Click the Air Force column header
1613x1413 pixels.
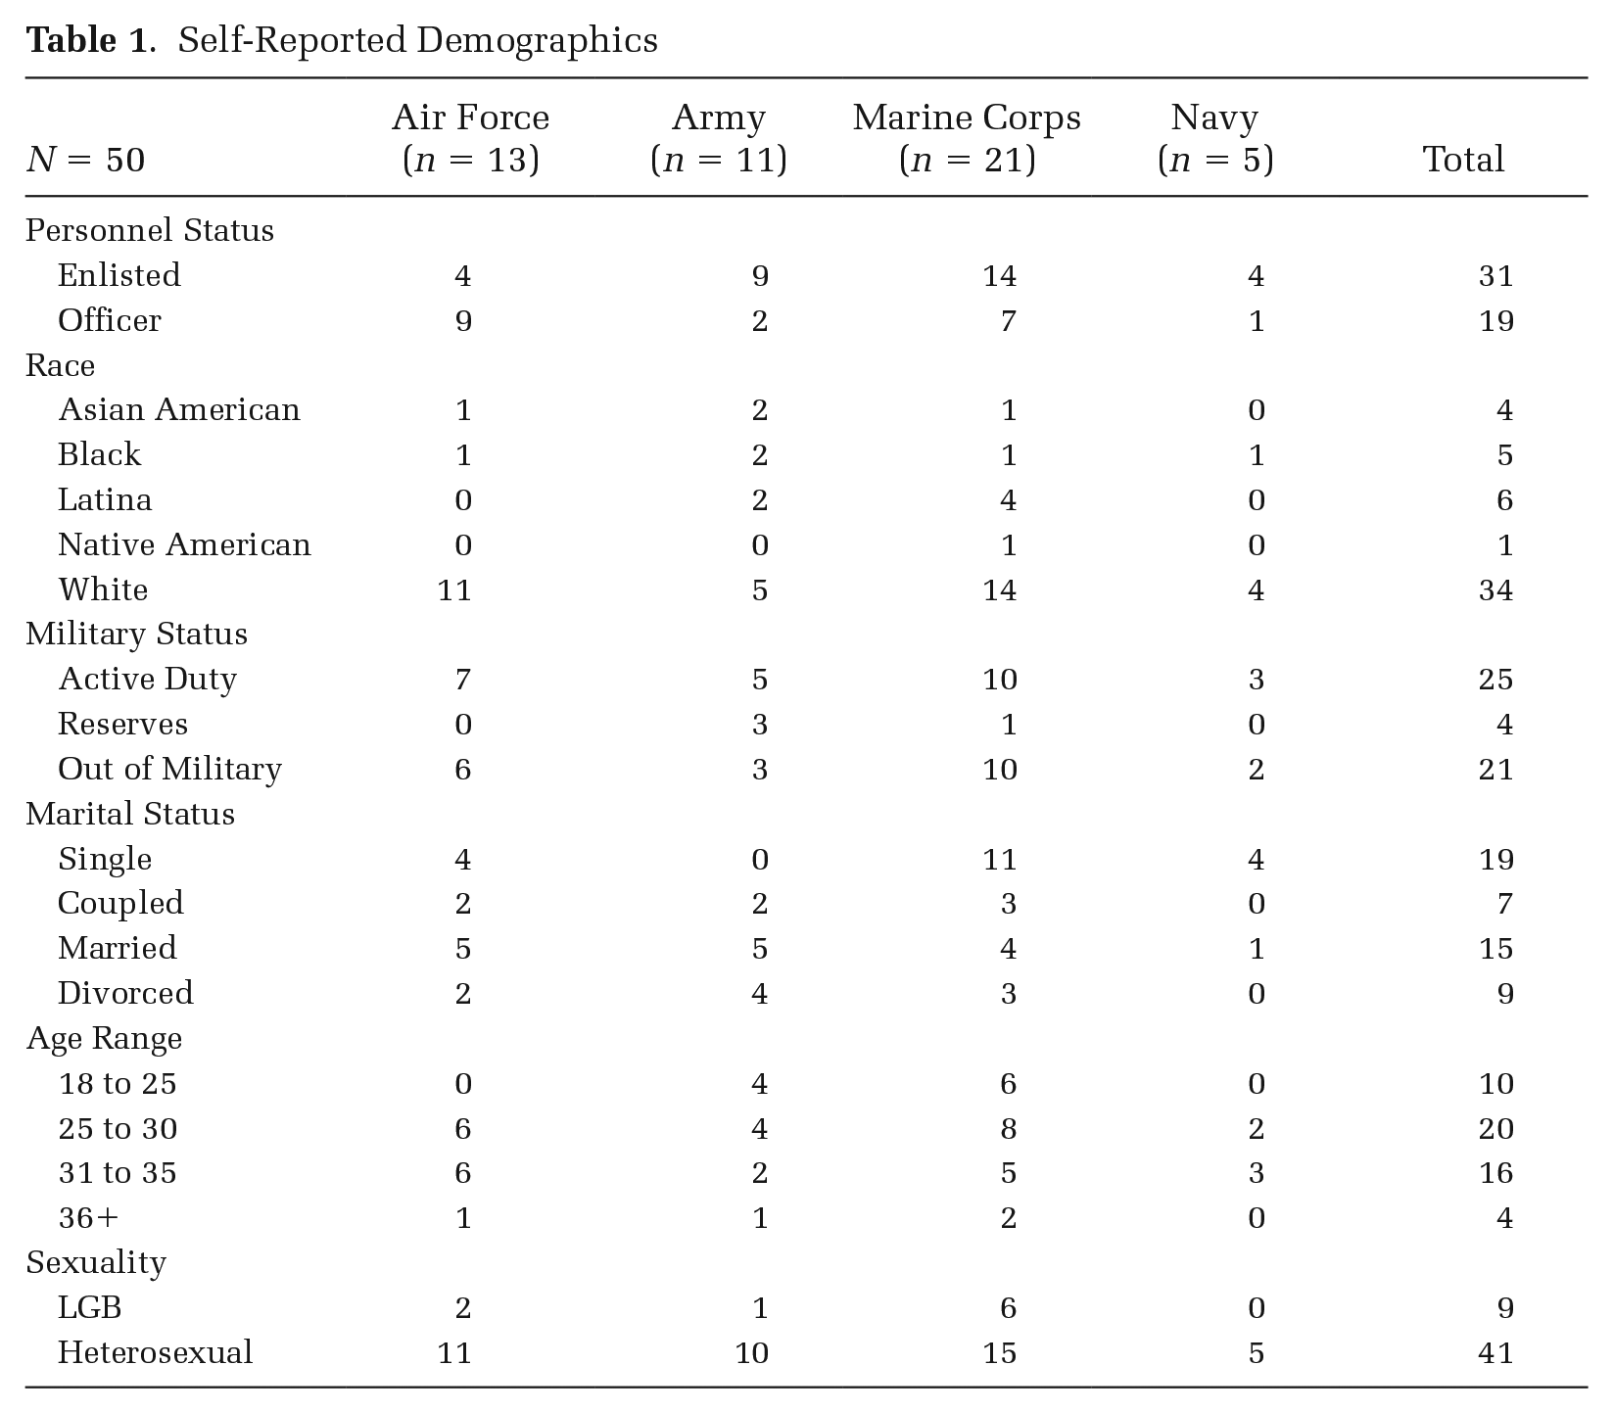470,138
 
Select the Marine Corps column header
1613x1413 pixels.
967,138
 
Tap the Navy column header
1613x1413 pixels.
1214,138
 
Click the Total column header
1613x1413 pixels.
1463,160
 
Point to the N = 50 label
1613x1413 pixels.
85,160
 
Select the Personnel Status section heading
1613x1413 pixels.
150,231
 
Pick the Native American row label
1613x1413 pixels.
184,544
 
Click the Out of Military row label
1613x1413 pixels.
169,770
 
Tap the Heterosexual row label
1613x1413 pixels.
155,1352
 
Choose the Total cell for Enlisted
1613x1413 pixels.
1495,276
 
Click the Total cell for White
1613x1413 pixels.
1495,590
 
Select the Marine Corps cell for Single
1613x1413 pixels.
999,860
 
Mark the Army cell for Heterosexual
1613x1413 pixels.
751,1353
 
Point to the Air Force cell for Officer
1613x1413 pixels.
463,321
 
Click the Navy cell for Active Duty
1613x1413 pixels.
1256,680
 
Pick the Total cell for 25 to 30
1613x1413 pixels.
1495,1129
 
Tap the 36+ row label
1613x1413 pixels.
88,1218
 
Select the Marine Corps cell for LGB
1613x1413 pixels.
1008,1308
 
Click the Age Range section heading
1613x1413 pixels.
104,1039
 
